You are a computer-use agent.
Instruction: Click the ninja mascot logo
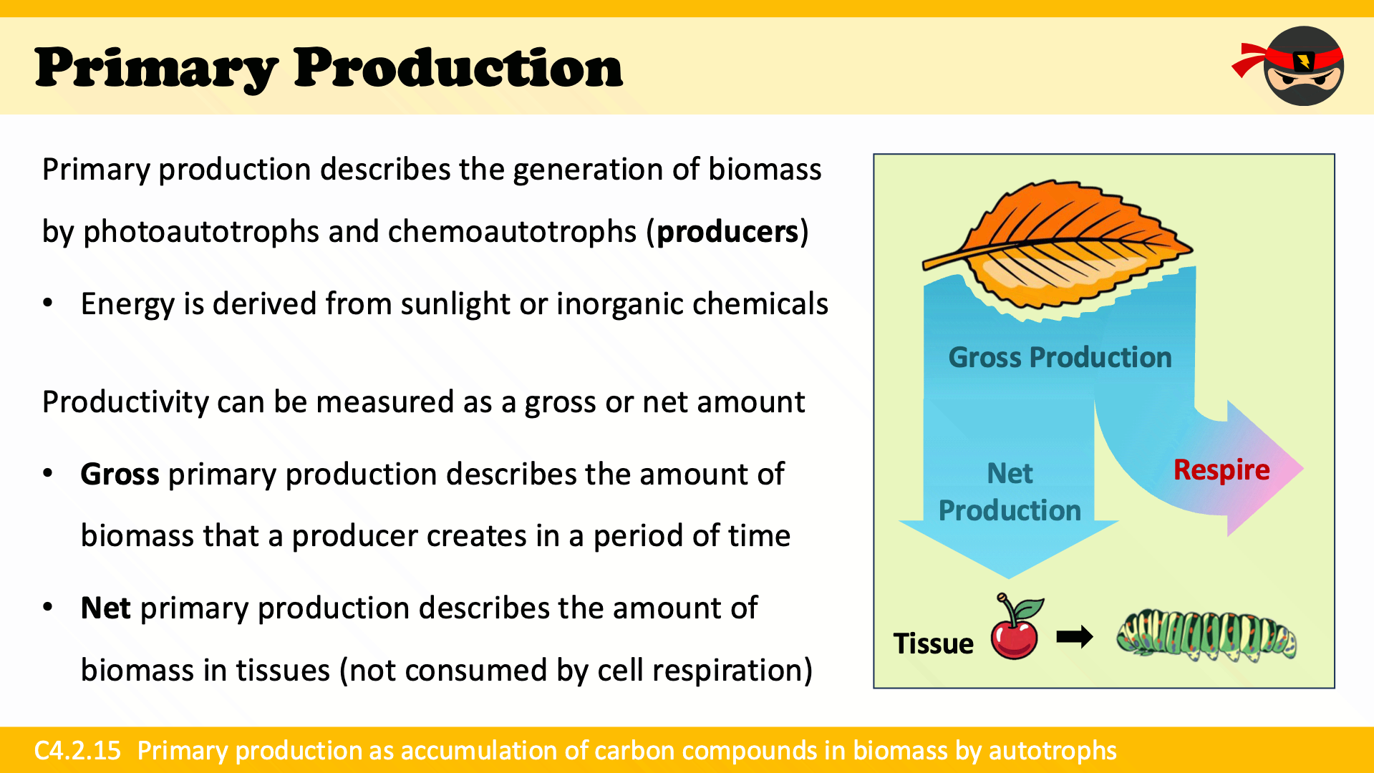coord(1289,66)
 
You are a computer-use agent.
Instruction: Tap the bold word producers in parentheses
coord(727,232)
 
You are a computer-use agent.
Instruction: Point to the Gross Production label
coord(1060,357)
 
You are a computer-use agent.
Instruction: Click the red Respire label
coord(1221,470)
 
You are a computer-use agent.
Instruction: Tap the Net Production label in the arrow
coord(1010,492)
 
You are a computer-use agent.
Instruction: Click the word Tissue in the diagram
coord(933,643)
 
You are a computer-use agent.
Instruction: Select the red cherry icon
coord(1016,626)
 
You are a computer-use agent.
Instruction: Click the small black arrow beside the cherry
coord(1075,636)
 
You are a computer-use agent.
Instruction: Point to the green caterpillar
coord(1206,636)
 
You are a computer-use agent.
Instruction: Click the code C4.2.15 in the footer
coord(77,750)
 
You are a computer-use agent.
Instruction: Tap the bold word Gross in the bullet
coord(120,475)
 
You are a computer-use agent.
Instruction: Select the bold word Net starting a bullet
coord(105,608)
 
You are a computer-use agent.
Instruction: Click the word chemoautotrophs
coord(512,232)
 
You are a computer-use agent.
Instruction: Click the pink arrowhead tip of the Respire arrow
coord(1302,469)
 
